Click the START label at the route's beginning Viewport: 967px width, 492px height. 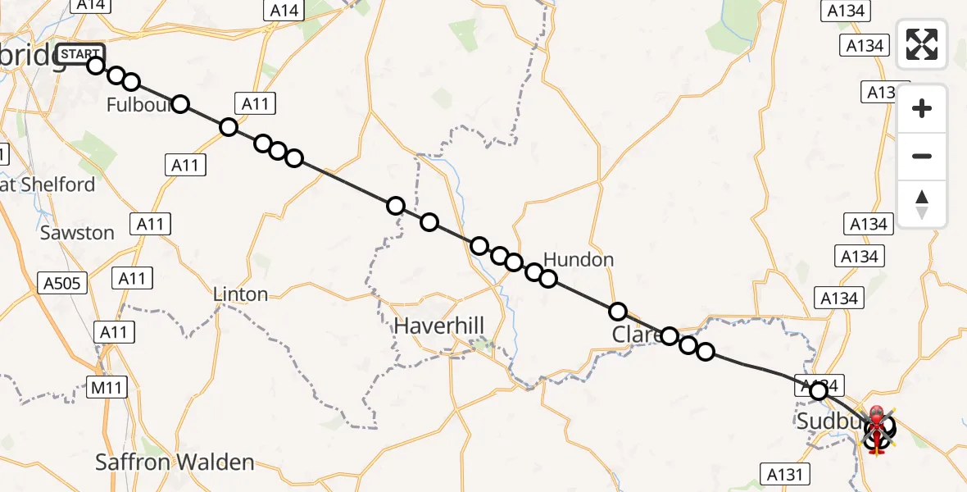pos(80,55)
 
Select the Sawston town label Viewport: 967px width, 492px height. pos(77,233)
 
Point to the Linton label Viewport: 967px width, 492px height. pos(240,294)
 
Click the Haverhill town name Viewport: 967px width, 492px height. pos(439,326)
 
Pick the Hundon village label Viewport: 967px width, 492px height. pos(579,260)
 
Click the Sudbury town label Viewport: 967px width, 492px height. pos(829,421)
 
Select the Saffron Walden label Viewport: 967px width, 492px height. pos(175,462)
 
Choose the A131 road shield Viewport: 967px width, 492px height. pos(785,473)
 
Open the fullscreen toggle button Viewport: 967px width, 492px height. pos(922,44)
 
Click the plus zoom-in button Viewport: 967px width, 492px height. pos(922,108)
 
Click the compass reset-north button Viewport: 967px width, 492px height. pos(922,204)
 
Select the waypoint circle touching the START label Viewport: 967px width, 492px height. pos(96,66)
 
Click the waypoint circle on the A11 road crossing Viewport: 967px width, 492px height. pos(229,127)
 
